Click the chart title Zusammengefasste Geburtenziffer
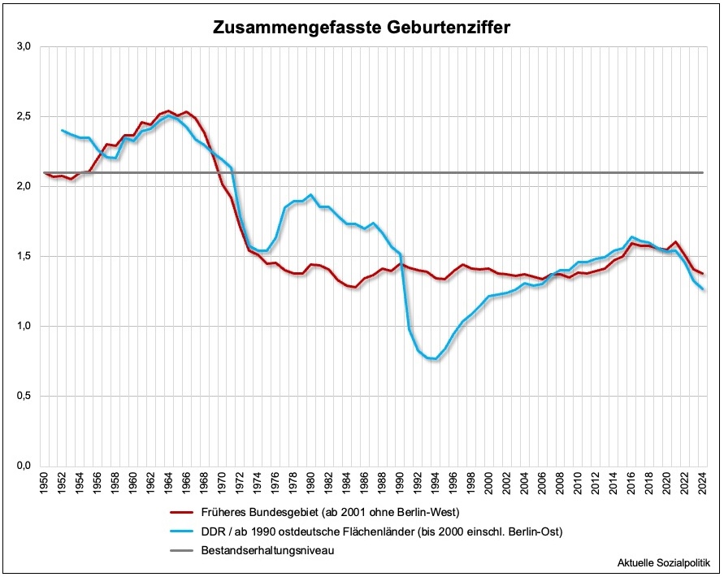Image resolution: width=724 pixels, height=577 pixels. pyautogui.click(x=362, y=27)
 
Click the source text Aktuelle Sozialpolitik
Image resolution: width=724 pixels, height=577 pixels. pyautogui.click(x=664, y=562)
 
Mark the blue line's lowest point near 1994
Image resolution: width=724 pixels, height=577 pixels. pyautogui.click(x=436, y=358)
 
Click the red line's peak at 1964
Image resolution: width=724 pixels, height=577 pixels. pyautogui.click(x=168, y=111)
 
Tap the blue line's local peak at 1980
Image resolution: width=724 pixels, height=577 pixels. pyautogui.click(x=311, y=195)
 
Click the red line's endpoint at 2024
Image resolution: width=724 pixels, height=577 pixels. pyautogui.click(x=704, y=274)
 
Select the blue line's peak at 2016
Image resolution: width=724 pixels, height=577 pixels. pyautogui.click(x=632, y=236)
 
